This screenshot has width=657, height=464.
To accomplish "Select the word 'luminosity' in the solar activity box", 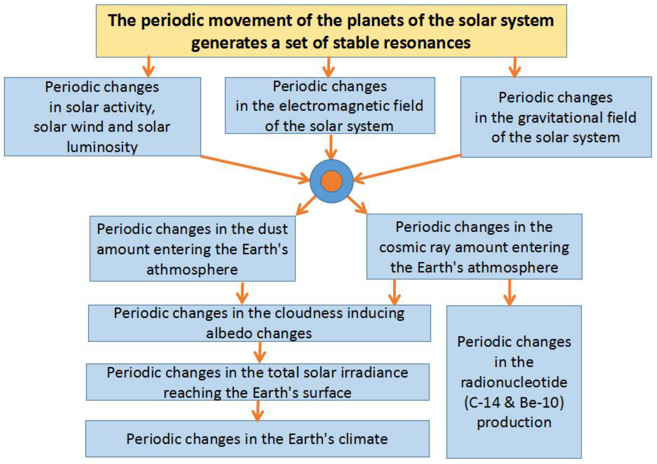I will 102,147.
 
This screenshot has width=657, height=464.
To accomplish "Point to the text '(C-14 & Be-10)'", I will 514,402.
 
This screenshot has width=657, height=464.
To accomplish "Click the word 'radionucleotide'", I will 514,382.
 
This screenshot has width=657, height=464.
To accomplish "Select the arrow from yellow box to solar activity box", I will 148,67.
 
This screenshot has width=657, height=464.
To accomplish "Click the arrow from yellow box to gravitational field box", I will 515,67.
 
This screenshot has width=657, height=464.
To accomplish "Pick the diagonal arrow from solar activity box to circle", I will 255,169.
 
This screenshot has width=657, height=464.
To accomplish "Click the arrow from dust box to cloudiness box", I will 242,293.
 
